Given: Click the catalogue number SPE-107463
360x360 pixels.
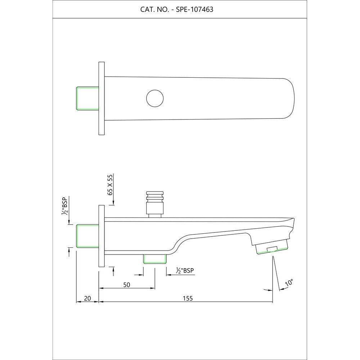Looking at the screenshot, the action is pos(194,9).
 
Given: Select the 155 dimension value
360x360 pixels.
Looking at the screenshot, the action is pos(188,298).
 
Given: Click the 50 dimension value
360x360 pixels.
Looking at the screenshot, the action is pos(127,285).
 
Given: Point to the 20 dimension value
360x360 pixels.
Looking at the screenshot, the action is pos(87,298).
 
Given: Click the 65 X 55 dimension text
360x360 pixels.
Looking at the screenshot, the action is pos(110,185).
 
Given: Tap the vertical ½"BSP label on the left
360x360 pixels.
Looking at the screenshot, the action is pos(64,206).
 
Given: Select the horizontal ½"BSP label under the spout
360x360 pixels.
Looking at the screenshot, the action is pos(185,271).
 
